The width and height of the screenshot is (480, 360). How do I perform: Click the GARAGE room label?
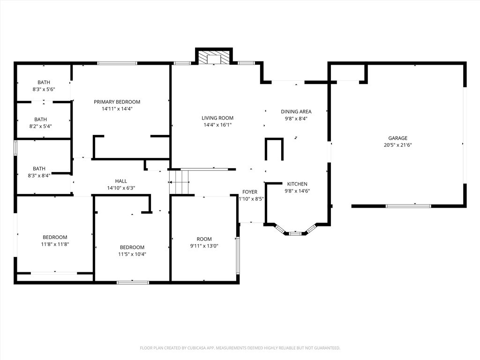pos(397,138)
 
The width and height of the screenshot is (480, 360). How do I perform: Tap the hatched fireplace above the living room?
pos(214,58)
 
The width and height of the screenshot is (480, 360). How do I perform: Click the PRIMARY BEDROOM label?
pos(117,102)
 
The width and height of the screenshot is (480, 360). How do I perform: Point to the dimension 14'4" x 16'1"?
pos(217,125)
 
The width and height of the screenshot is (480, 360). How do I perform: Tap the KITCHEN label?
pos(297,184)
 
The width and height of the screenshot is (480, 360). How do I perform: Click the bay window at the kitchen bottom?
pos(295,232)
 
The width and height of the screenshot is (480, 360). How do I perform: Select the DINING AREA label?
pos(296,112)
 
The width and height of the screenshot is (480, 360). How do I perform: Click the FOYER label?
pos(249,192)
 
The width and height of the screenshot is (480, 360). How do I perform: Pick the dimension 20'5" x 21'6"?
pos(397,145)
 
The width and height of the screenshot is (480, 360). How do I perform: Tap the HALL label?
pos(121,181)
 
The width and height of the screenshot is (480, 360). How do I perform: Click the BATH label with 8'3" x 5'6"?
pos(44,82)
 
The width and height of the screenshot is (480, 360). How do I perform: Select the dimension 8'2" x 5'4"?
pos(44,126)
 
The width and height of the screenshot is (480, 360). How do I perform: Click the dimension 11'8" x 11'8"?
pos(55,244)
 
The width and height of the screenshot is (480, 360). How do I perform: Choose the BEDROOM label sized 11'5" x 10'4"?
pos(132,247)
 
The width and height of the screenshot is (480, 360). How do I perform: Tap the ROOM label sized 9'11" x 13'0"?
pos(204,239)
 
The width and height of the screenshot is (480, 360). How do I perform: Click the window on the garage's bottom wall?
pos(408,205)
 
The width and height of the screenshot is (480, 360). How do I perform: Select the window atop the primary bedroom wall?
pos(117,63)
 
